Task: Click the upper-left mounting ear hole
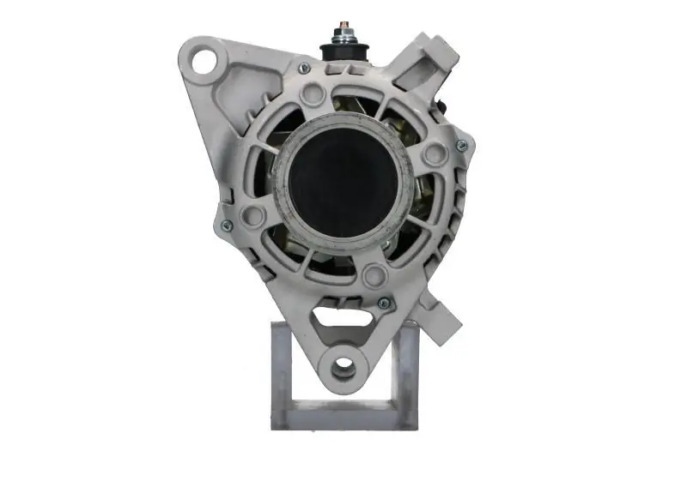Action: pos(204,60)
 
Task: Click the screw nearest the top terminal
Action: pos(302,69)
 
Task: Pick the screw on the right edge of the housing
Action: pos(461,147)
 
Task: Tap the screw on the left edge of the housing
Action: pos(227,225)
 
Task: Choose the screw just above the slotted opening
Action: pos(384,303)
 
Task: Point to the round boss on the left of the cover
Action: pos(252,214)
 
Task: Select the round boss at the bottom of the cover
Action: pos(374,275)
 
